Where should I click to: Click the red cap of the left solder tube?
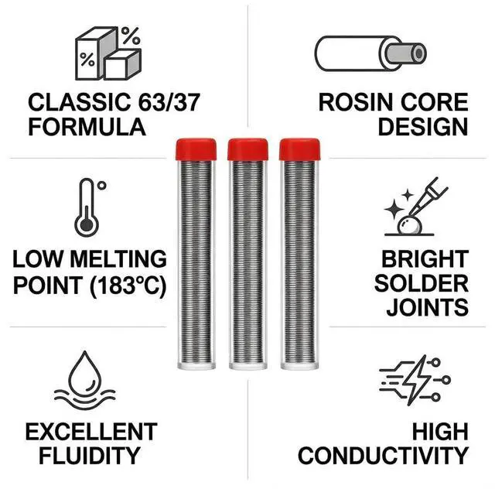click(x=196, y=149)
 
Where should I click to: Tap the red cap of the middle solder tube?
click(x=247, y=149)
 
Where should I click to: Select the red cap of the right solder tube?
click(x=299, y=149)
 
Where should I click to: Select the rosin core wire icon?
click(x=370, y=53)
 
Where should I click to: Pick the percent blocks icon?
click(x=108, y=53)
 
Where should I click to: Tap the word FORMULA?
click(x=87, y=126)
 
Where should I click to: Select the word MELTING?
click(x=117, y=258)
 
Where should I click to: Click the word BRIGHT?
click(x=424, y=258)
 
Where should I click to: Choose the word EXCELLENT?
click(x=90, y=431)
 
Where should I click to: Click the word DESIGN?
click(x=422, y=126)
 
